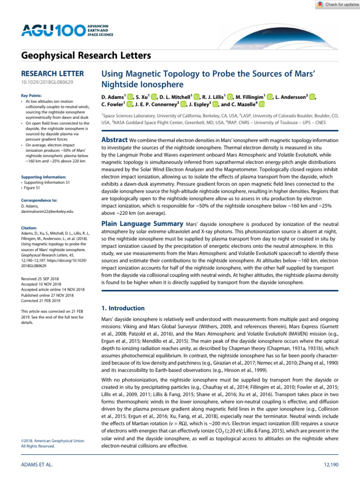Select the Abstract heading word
114,140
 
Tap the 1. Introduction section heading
123,308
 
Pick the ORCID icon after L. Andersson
313,97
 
